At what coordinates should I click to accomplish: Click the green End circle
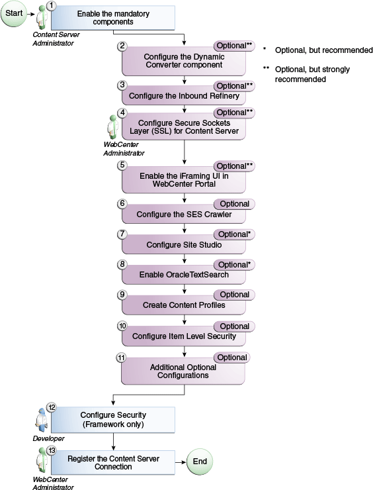(x=200, y=462)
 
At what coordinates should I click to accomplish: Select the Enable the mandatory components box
(x=113, y=18)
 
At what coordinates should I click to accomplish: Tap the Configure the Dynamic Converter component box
(x=184, y=62)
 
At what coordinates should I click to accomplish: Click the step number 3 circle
(x=122, y=85)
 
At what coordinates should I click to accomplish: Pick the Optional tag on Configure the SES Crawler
(x=234, y=204)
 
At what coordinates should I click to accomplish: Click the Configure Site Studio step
(x=184, y=245)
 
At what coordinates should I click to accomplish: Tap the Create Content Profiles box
(x=184, y=305)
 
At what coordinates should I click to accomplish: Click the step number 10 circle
(x=122, y=326)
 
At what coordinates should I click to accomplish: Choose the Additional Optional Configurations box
(x=184, y=371)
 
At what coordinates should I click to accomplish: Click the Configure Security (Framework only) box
(x=113, y=419)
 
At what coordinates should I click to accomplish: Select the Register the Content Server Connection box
(x=113, y=462)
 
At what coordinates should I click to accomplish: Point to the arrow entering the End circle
(x=181, y=462)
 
